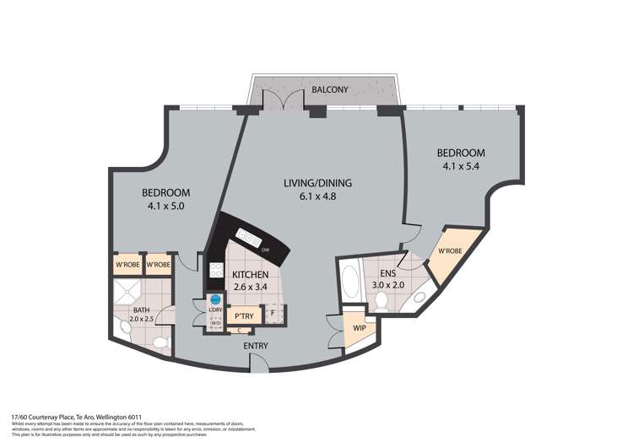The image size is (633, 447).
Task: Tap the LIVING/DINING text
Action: (x=316, y=183)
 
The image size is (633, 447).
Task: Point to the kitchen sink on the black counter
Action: (x=247, y=234)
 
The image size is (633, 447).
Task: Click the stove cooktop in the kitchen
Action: (x=214, y=271)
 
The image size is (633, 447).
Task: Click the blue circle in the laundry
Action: (x=215, y=299)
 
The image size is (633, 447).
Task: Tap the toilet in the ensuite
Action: (x=382, y=300)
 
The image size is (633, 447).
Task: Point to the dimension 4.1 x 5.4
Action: (x=461, y=167)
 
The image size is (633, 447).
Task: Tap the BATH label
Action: (x=140, y=310)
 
